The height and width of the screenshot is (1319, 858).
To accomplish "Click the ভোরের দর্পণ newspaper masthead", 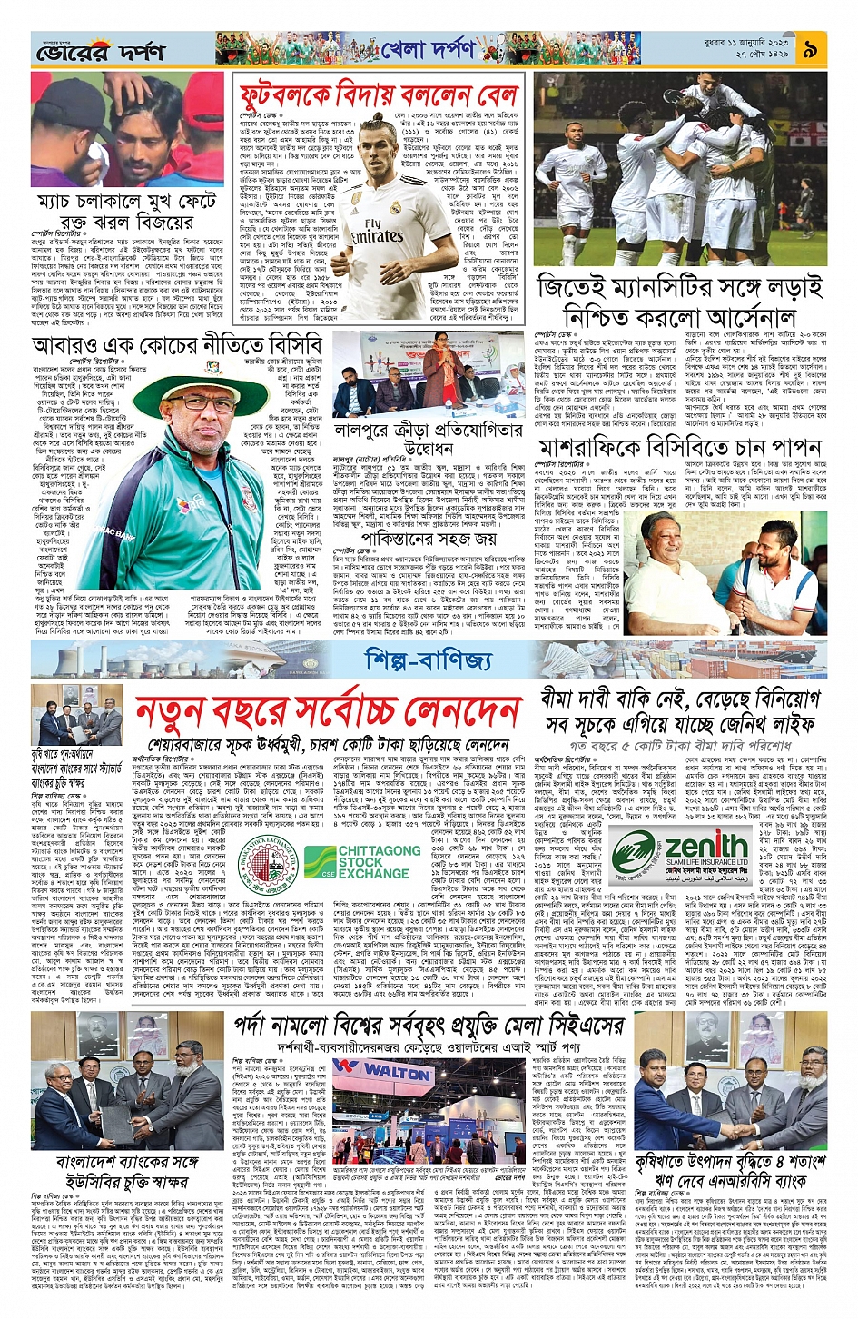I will click(x=100, y=52).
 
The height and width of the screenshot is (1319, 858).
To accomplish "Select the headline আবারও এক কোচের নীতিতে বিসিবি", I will click(x=177, y=345).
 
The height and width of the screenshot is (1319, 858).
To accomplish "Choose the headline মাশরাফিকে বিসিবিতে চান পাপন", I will click(x=680, y=448).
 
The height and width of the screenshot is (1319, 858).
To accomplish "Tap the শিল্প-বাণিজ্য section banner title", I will click(x=428, y=660).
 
